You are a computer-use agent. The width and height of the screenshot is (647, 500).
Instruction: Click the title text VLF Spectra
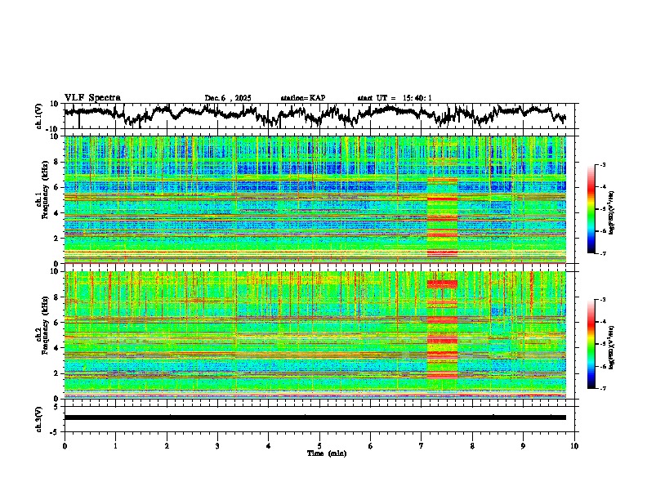(92, 98)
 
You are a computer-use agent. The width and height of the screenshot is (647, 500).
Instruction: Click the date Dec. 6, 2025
(228, 98)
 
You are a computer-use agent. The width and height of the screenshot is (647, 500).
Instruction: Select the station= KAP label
(303, 98)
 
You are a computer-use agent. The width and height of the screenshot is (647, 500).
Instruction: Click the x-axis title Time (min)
(319, 453)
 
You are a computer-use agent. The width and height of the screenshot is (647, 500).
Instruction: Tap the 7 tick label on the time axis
(422, 446)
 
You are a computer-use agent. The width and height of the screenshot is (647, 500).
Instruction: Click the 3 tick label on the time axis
(217, 446)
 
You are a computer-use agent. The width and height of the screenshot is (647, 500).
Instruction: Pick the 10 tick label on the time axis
(574, 446)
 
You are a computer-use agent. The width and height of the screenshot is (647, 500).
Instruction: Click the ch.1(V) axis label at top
(39, 116)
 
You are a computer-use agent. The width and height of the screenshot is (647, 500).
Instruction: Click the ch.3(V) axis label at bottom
(39, 417)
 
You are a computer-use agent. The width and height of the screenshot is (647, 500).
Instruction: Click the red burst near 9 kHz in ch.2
(442, 284)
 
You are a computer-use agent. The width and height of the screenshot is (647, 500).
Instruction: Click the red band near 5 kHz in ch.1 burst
(442, 199)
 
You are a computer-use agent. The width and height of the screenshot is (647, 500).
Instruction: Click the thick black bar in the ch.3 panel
(315, 417)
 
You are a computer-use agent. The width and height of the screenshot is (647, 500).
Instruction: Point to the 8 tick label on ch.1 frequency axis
(58, 162)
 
